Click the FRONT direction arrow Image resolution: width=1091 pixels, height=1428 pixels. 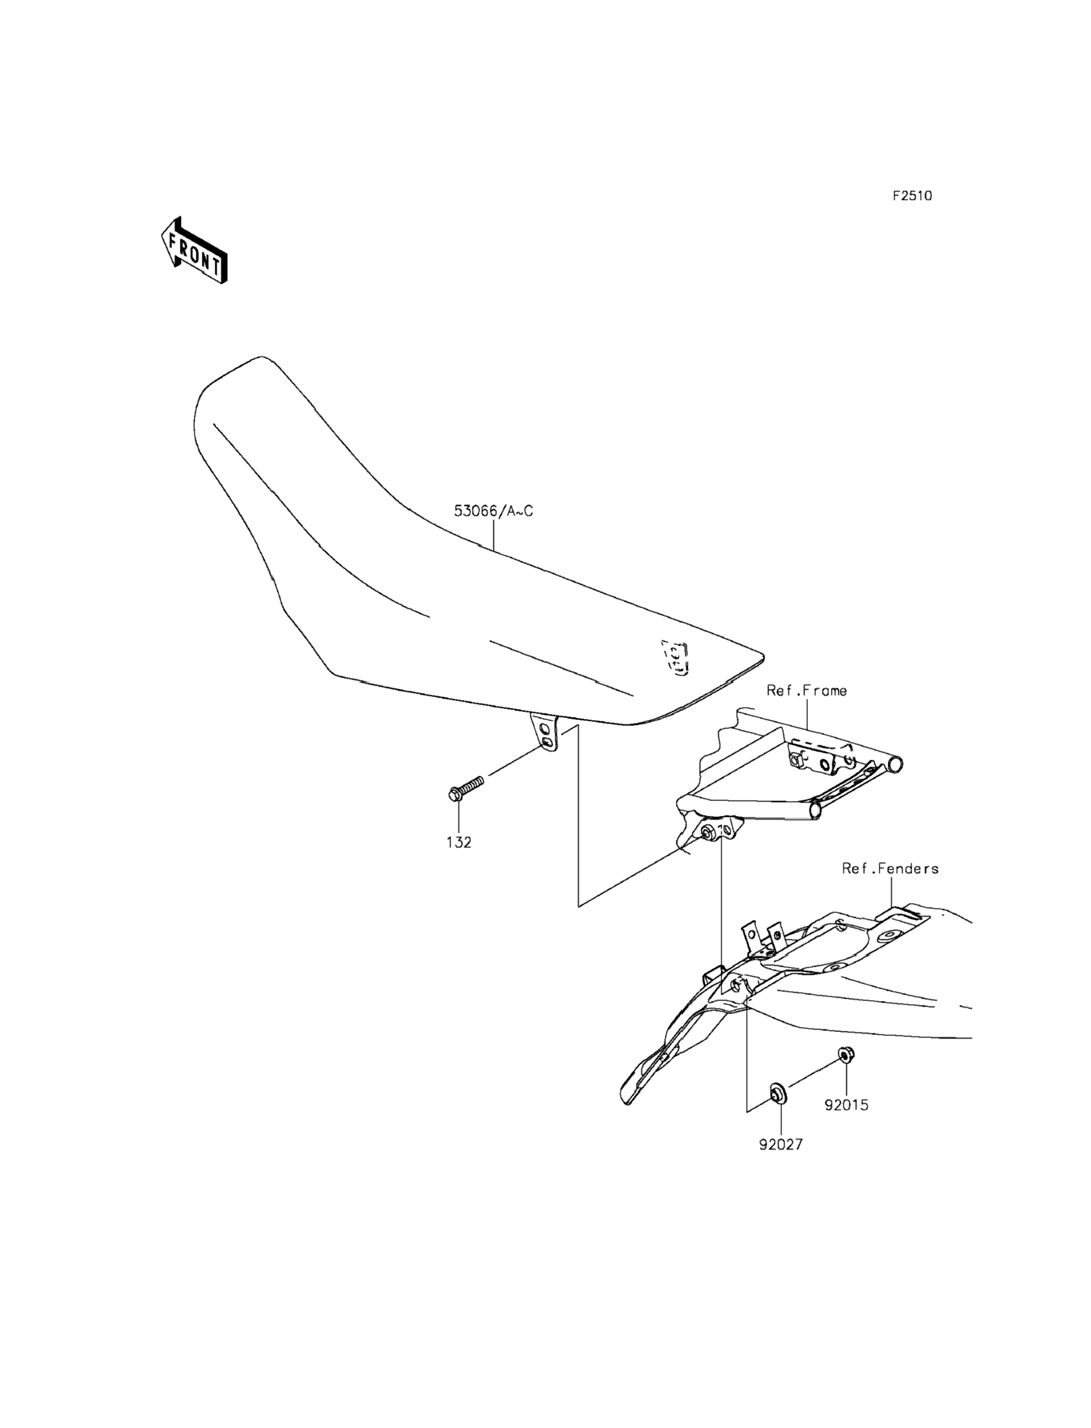pos(194,251)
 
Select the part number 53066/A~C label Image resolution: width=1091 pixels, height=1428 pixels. pos(493,511)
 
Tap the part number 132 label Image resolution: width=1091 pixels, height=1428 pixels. pos(459,843)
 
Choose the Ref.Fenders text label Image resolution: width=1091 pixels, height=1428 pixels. pos(890,868)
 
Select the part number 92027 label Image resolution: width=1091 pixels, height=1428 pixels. pos(780,1145)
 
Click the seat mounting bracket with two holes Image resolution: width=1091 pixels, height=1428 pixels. pos(545,733)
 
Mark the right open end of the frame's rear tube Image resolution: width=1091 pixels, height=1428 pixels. pos(897,765)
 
